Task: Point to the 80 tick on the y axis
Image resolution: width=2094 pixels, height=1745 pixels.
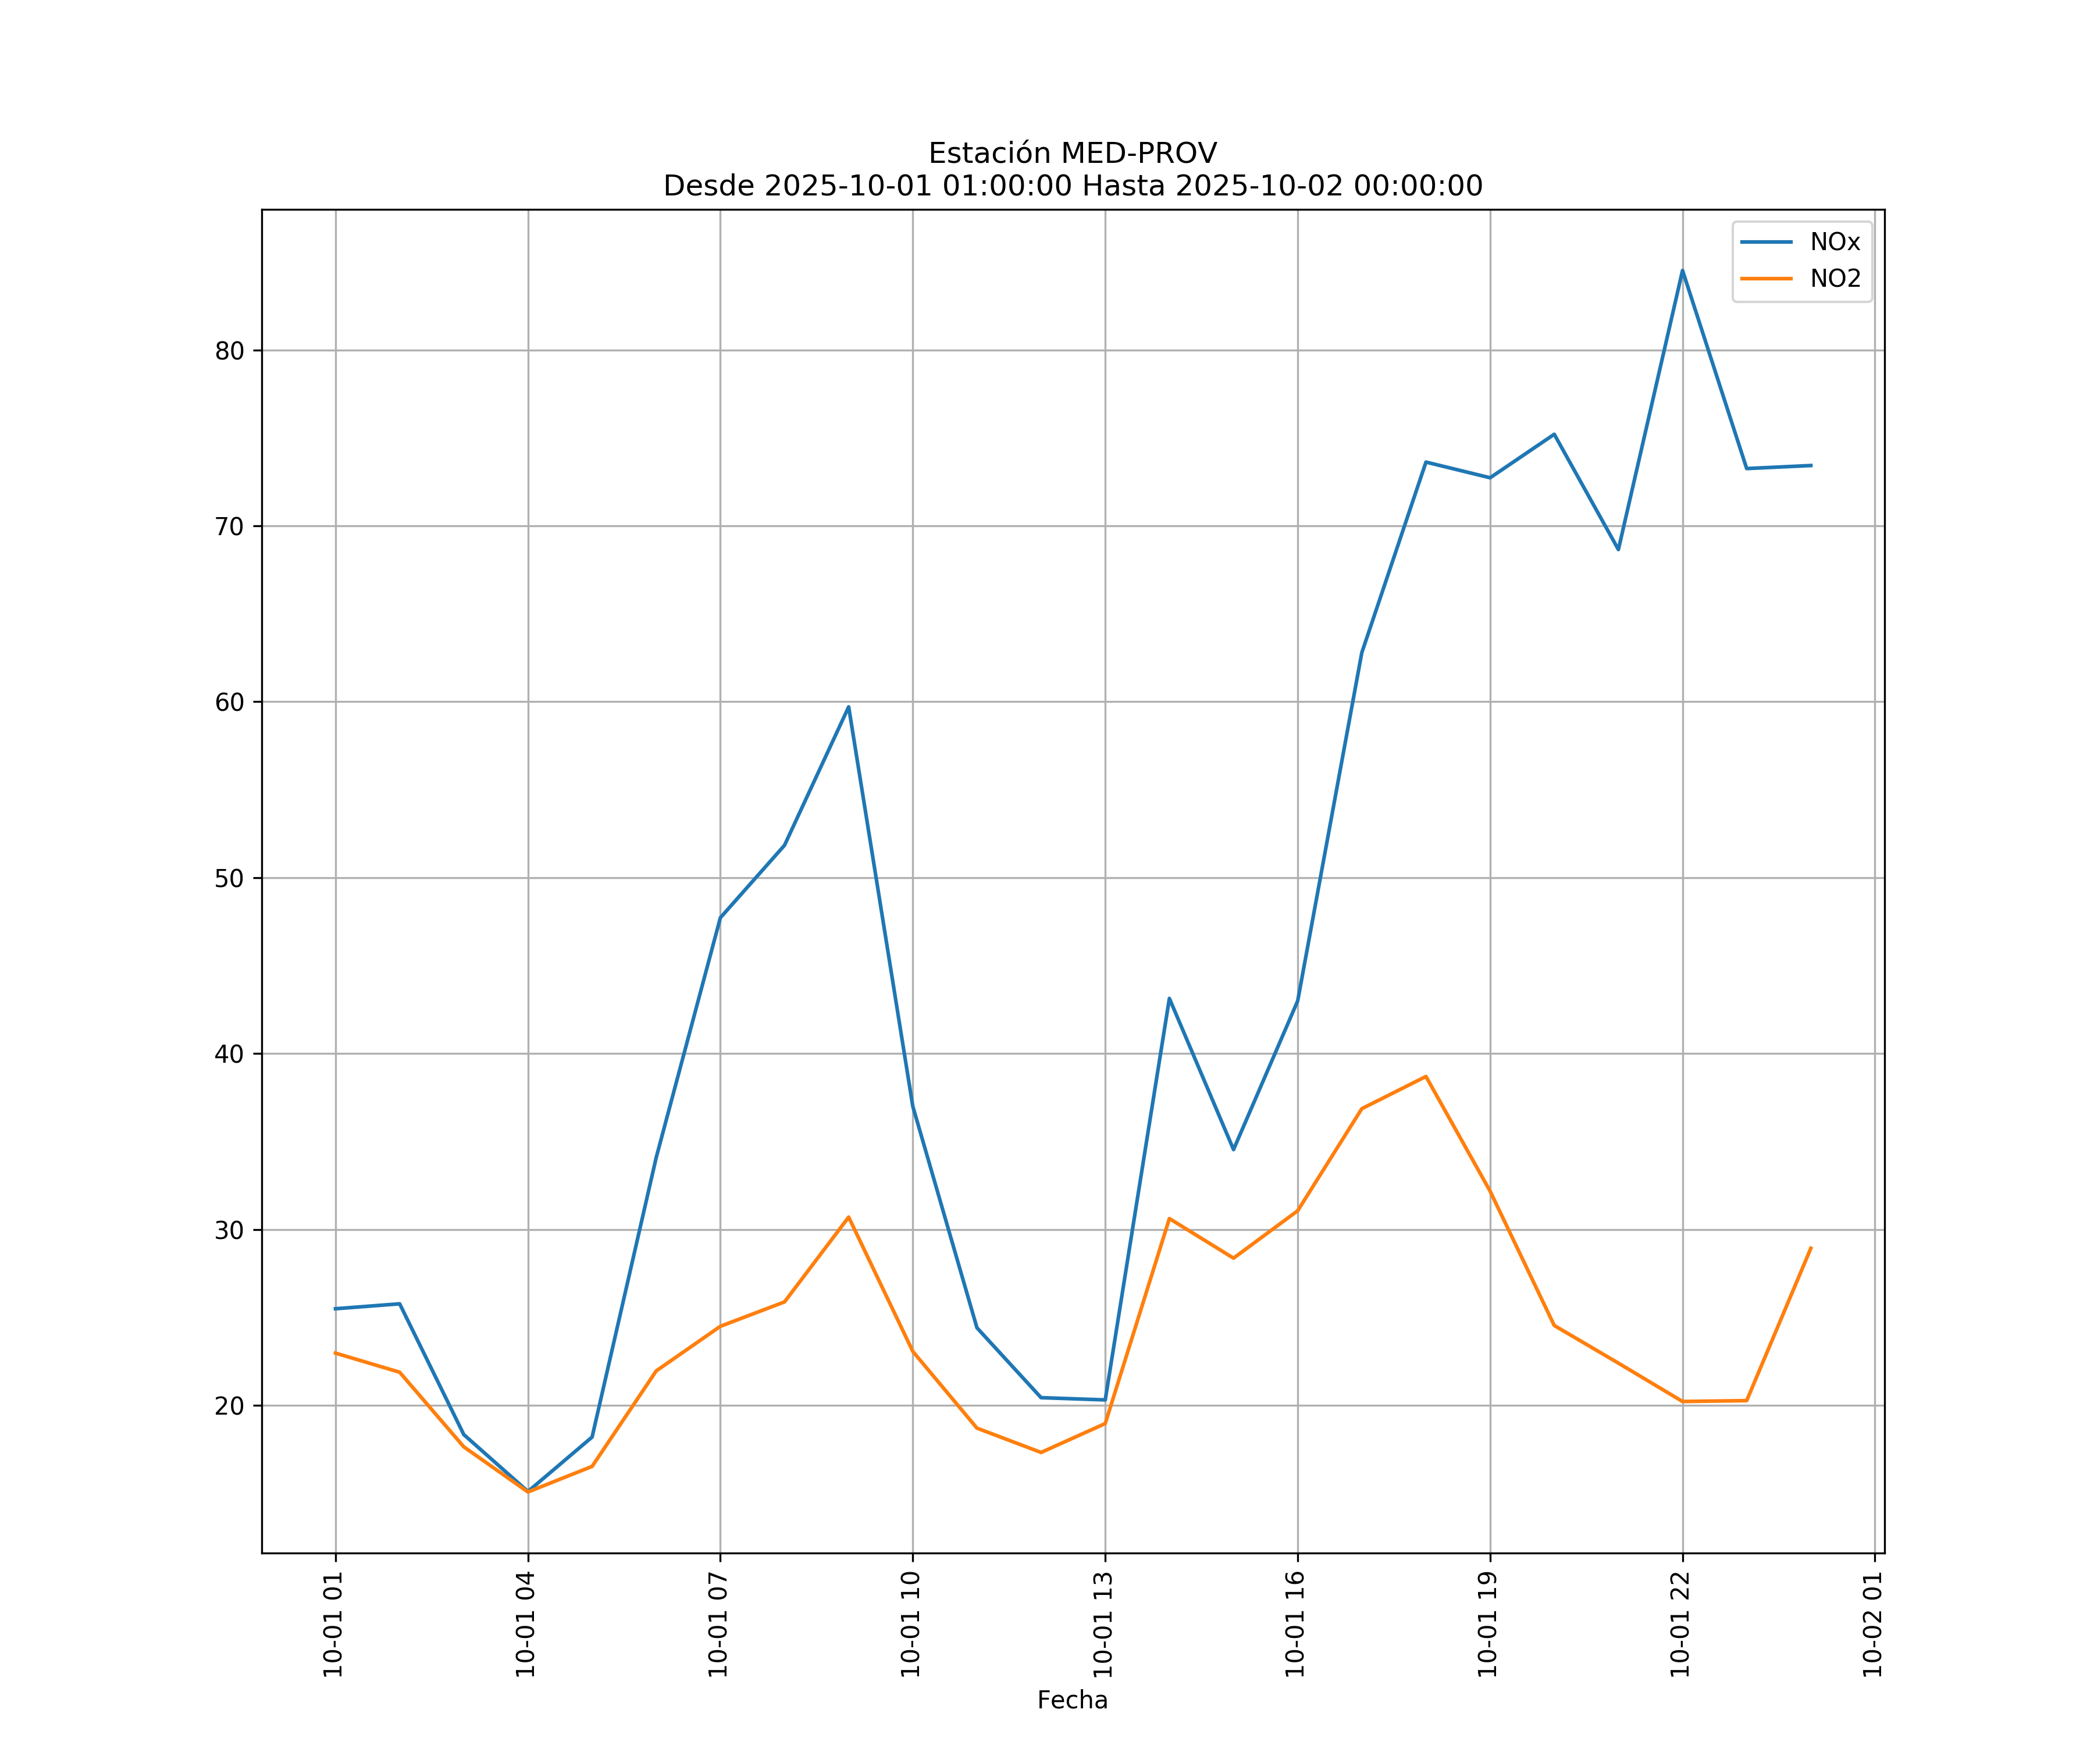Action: [229, 351]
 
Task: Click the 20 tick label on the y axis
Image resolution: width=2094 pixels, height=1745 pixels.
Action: [229, 1406]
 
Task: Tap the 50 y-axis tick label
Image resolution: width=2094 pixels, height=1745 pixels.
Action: [229, 878]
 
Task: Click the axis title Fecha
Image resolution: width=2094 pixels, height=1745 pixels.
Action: [1072, 1700]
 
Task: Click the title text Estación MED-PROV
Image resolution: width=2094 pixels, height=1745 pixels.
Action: [1072, 154]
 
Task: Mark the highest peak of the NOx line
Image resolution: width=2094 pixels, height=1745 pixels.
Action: [1682, 270]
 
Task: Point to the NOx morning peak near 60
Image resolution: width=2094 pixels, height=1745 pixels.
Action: [849, 707]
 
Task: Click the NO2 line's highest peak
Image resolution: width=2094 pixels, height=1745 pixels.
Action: [1426, 1076]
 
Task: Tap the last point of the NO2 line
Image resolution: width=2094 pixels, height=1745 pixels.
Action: [1811, 1248]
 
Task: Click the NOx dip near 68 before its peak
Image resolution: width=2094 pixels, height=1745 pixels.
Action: [1618, 550]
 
